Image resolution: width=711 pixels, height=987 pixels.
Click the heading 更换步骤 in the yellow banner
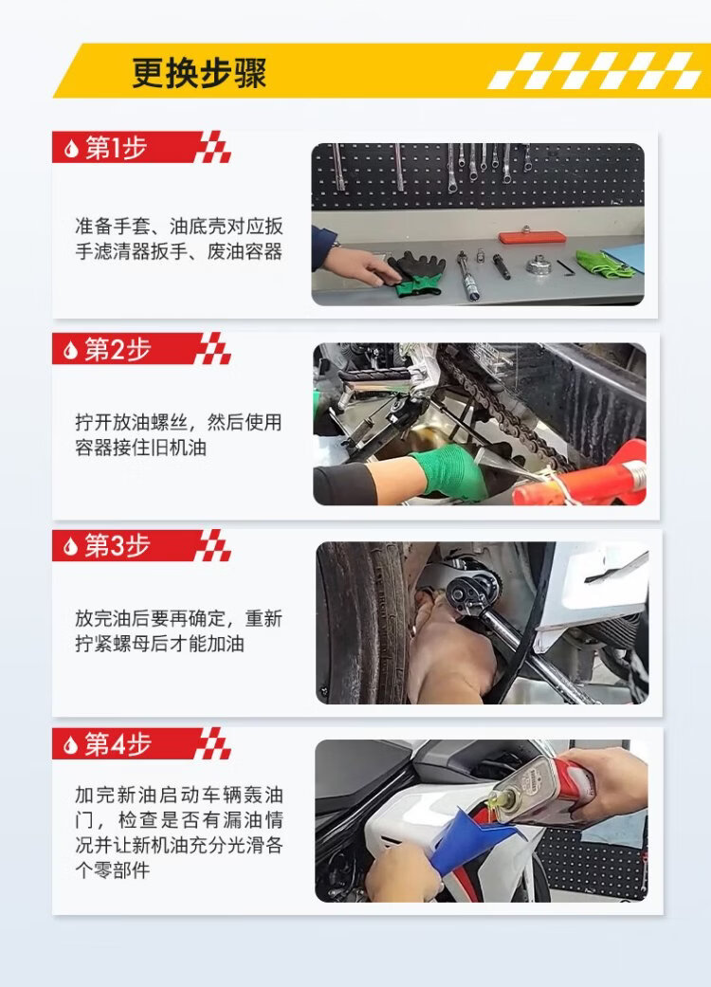[x=199, y=73]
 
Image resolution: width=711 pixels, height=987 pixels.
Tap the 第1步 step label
[x=117, y=148]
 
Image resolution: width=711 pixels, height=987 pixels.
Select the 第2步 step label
[x=118, y=349]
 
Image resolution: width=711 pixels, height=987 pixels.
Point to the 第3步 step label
[x=118, y=546]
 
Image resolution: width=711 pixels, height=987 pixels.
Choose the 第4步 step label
[x=118, y=744]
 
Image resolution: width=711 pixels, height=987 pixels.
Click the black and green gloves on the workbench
[x=415, y=272]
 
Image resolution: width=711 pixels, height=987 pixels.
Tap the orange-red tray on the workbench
[x=533, y=237]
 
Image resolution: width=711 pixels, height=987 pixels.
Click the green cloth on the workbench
[x=603, y=264]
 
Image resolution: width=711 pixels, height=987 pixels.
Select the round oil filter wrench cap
[x=538, y=265]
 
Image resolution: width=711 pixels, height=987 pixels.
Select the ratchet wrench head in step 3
[x=472, y=592]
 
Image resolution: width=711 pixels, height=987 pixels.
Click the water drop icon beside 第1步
[x=71, y=149]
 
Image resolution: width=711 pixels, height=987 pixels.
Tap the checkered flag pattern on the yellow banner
[x=595, y=70]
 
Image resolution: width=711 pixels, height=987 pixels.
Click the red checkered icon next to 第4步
[x=213, y=743]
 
